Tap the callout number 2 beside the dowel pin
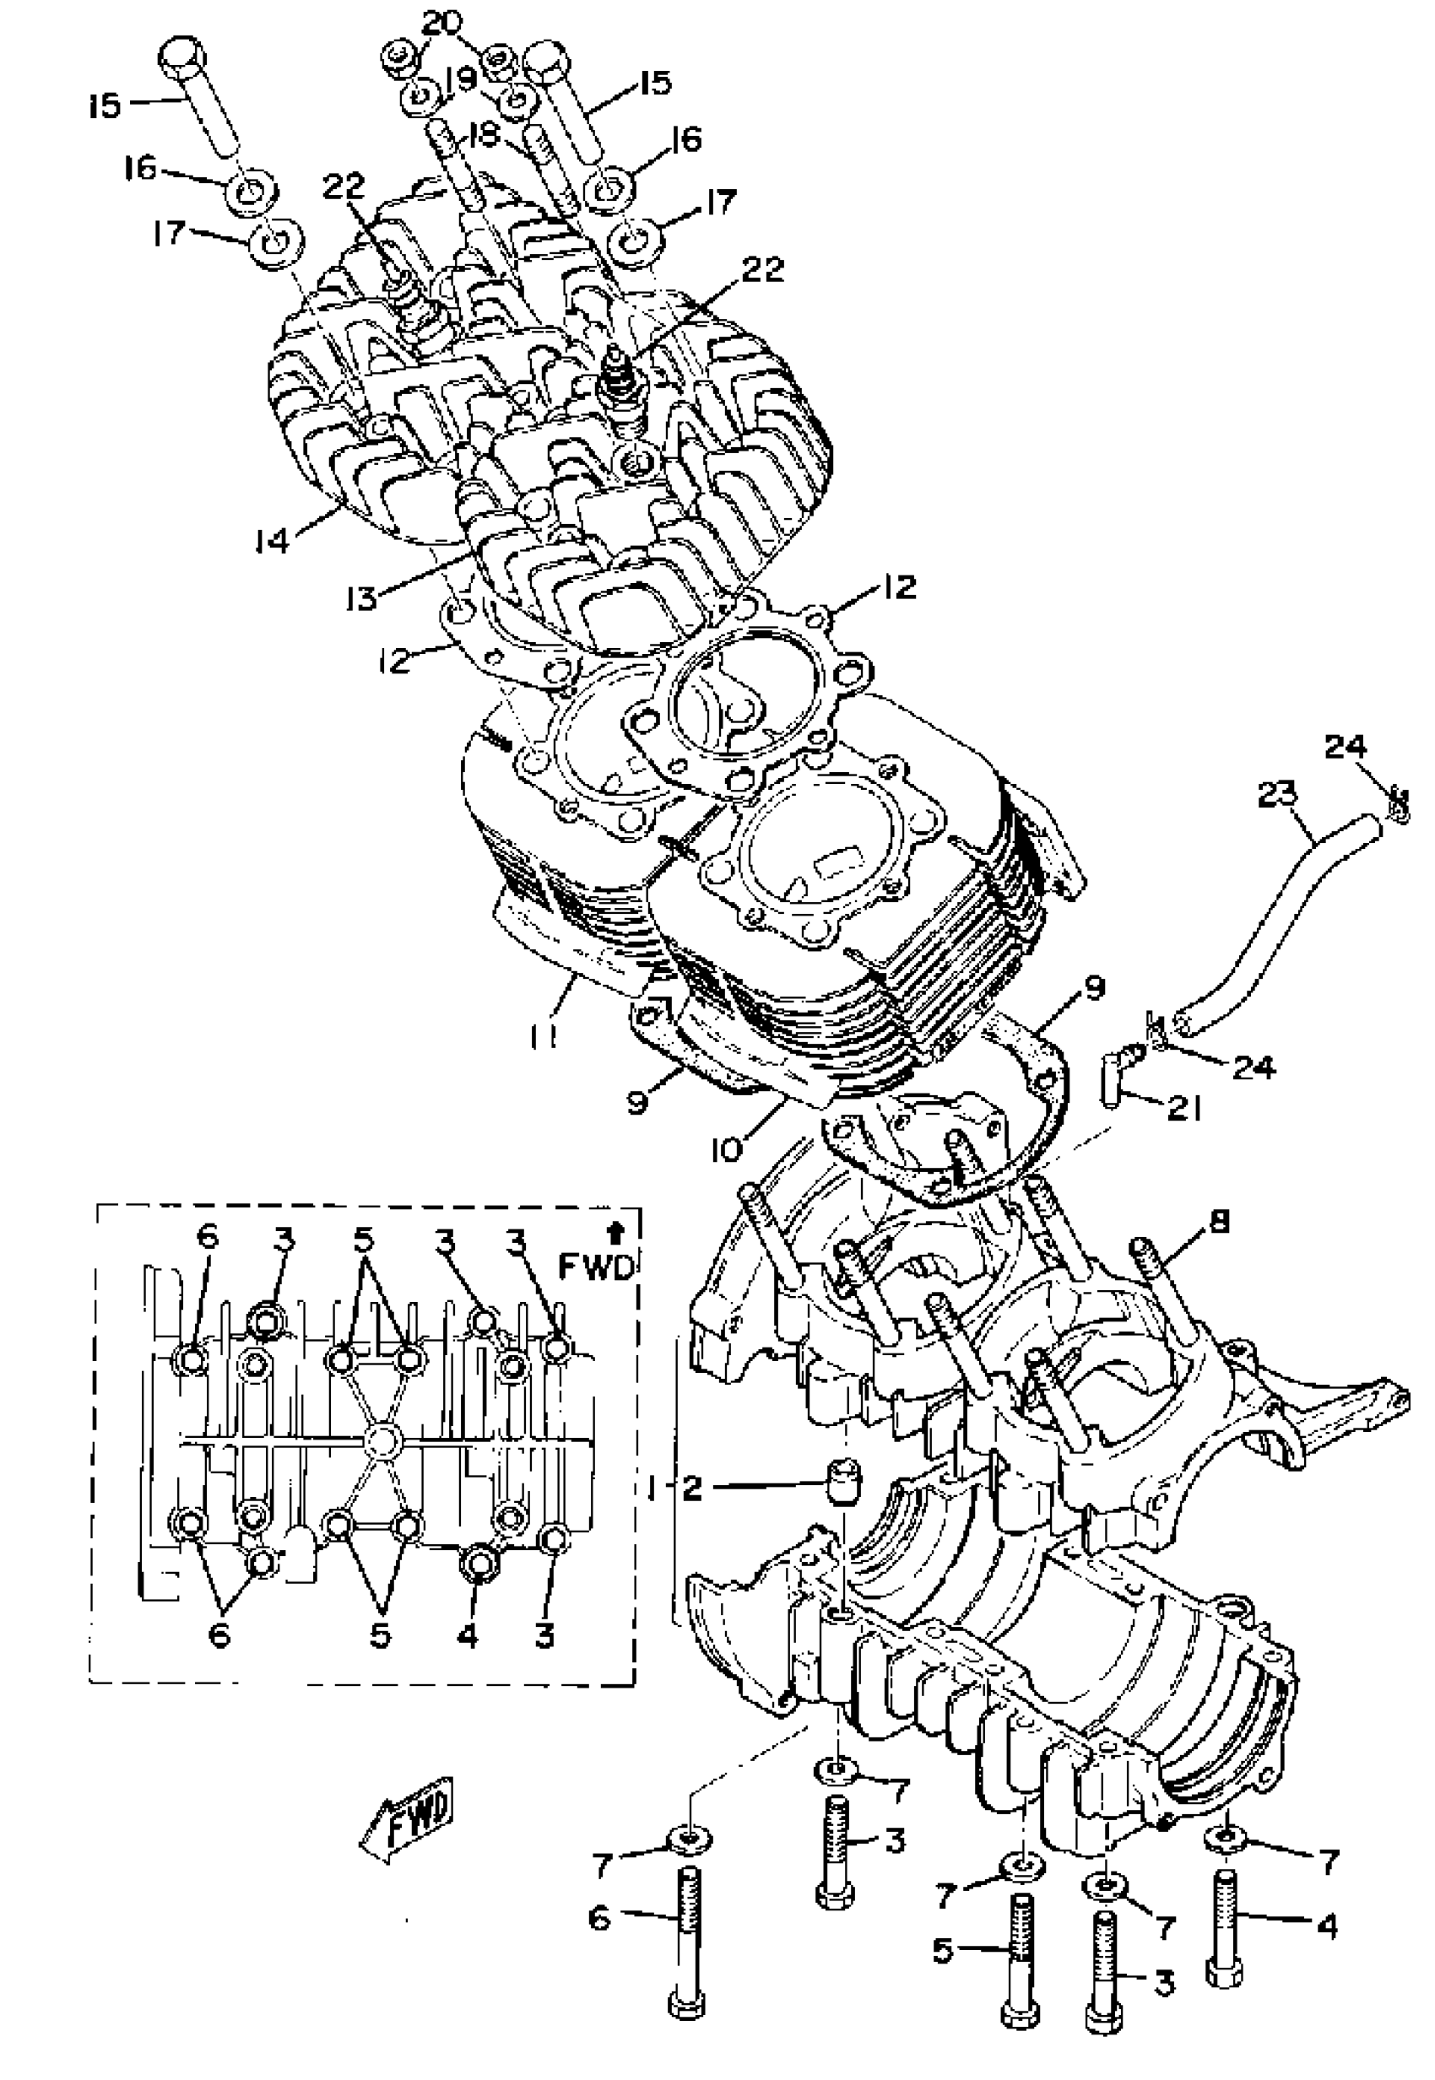point(690,1489)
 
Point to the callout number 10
point(728,1148)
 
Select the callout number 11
point(543,1036)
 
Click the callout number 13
point(362,597)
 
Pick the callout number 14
point(271,540)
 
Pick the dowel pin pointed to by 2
point(842,1482)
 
